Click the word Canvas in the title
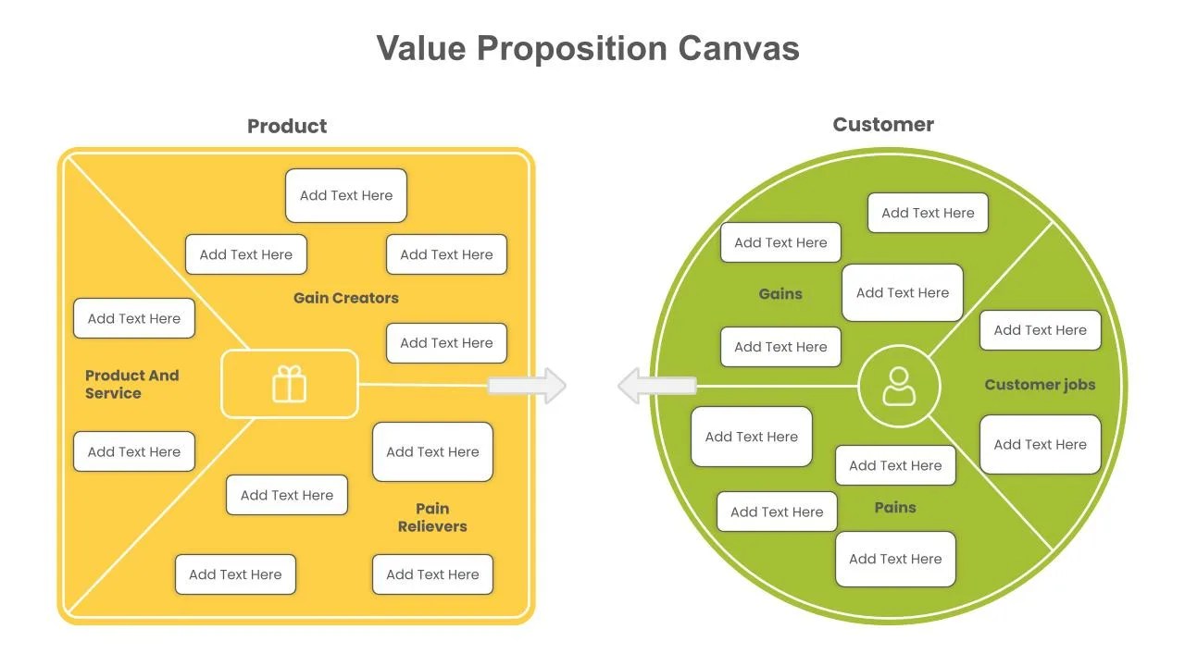[x=738, y=48]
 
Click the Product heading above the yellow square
[x=287, y=126]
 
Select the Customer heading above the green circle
[x=883, y=124]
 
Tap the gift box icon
[x=289, y=384]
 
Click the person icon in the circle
[x=899, y=387]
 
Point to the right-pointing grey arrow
[x=529, y=386]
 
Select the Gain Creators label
[x=345, y=298]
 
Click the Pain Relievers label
[x=432, y=517]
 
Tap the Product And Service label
[x=131, y=384]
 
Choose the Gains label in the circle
[x=780, y=294]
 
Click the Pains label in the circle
[x=895, y=507]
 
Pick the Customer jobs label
[x=1040, y=385]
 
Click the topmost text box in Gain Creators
[x=346, y=195]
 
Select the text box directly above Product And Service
[x=134, y=318]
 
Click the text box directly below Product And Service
[x=134, y=451]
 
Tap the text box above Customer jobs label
[x=1040, y=330]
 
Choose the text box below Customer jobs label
[x=1040, y=444]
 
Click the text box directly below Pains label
[x=895, y=559]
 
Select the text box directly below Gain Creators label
[x=446, y=343]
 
